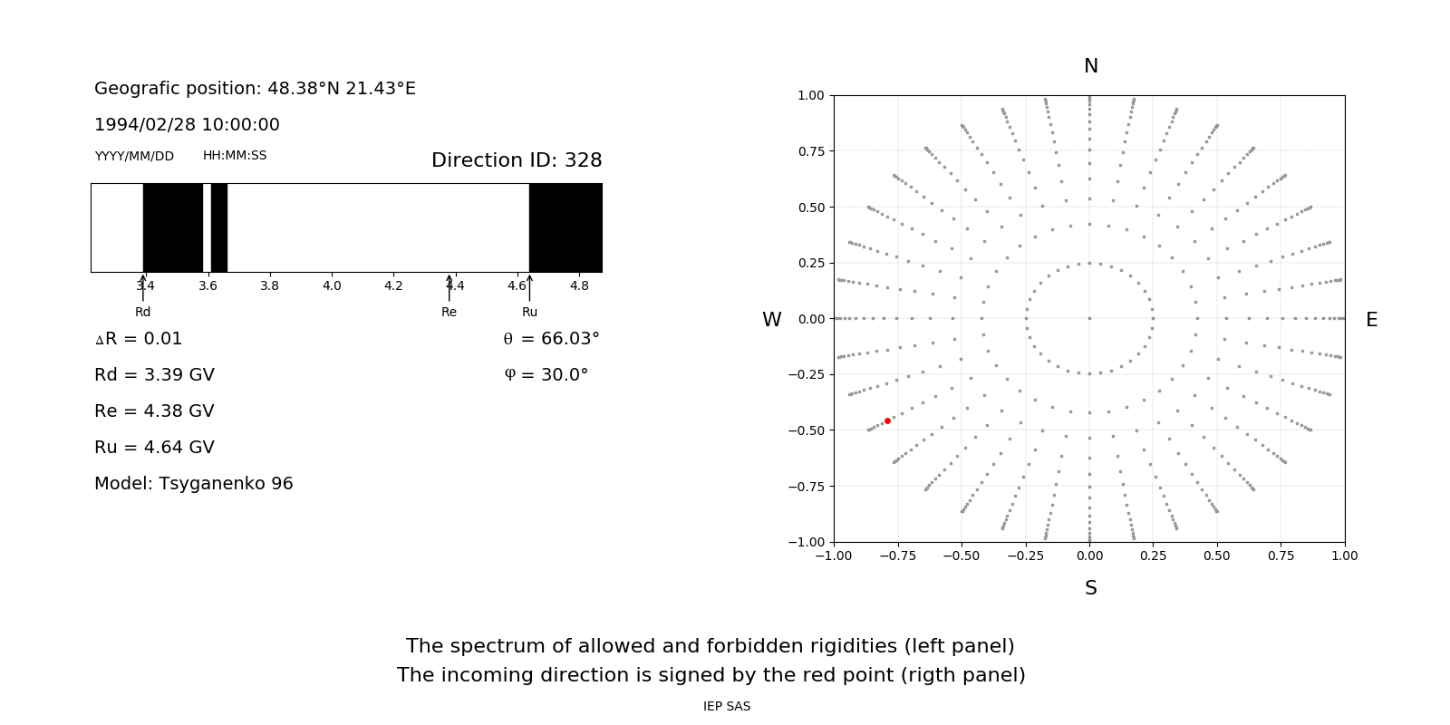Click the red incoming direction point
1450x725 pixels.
(x=887, y=420)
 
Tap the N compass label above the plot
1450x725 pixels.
(x=1091, y=66)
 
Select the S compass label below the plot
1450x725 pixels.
(x=1091, y=588)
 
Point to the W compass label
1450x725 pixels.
(x=772, y=320)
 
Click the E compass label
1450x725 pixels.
(x=1372, y=320)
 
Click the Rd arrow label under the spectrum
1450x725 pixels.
(x=143, y=313)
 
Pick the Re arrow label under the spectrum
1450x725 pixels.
(x=449, y=313)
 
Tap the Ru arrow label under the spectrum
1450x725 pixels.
(x=530, y=313)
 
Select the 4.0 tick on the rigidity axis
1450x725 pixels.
(x=332, y=286)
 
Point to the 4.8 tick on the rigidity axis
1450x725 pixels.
(x=579, y=286)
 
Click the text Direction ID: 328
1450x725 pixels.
(x=517, y=160)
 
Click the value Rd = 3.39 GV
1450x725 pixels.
(x=154, y=375)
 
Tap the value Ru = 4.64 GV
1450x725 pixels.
(x=154, y=448)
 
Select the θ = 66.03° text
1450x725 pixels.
(x=552, y=339)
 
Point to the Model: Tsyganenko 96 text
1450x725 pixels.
(x=194, y=484)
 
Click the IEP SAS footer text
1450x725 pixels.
(x=727, y=707)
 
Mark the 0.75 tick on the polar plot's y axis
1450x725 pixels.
(x=811, y=151)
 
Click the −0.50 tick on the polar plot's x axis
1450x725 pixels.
(x=962, y=556)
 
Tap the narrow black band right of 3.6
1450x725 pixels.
(x=219, y=227)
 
